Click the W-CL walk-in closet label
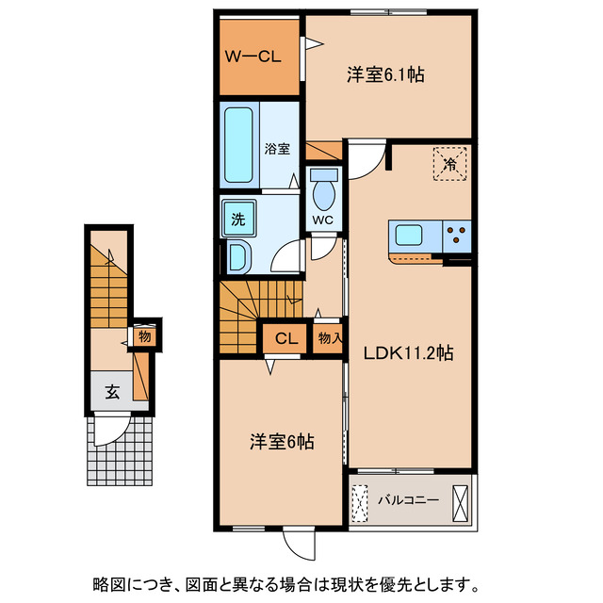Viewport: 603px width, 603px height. click(253, 56)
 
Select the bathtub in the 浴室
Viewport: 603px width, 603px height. click(239, 145)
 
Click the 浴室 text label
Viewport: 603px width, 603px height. click(277, 149)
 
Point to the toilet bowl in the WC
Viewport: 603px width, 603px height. click(323, 194)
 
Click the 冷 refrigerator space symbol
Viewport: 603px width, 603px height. click(450, 165)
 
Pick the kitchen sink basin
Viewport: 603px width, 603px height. click(411, 236)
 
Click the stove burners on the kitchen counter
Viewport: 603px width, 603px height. click(458, 236)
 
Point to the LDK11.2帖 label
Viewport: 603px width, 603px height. click(410, 354)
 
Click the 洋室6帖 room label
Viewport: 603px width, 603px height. click(282, 441)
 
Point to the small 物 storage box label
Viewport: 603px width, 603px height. click(144, 335)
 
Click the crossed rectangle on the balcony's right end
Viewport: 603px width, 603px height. click(459, 499)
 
